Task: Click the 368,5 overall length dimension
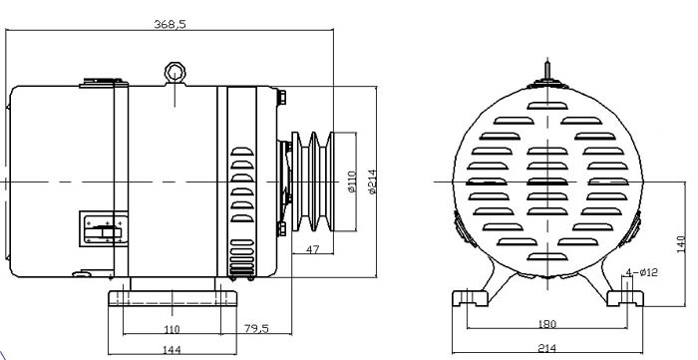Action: tap(170, 24)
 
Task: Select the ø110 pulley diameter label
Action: tap(352, 181)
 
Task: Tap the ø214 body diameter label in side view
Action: tap(372, 181)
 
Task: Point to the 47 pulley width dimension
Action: tap(313, 249)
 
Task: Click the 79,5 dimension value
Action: tap(256, 328)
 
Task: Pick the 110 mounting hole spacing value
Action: tap(172, 329)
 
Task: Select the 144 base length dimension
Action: tap(172, 350)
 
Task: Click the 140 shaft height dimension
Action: tap(681, 244)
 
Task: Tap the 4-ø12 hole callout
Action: tap(641, 272)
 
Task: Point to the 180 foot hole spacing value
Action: tap(547, 323)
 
